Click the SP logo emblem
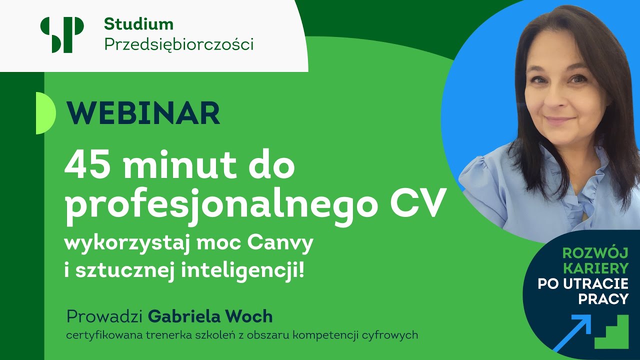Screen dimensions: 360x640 coord(62,34)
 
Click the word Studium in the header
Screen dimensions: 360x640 coord(138,23)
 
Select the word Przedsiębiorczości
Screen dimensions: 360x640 coord(178,44)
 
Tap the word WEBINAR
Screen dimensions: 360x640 coord(143,113)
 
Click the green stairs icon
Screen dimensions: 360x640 coord(611,332)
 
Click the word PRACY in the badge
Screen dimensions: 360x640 coord(603,299)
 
